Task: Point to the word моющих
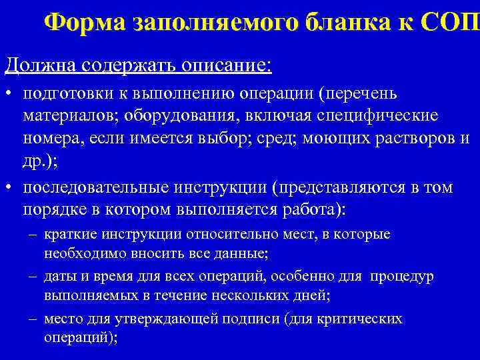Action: pyautogui.click(x=330, y=138)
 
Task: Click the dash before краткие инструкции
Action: pyautogui.click(x=33, y=235)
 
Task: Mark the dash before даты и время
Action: pyautogui.click(x=33, y=277)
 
